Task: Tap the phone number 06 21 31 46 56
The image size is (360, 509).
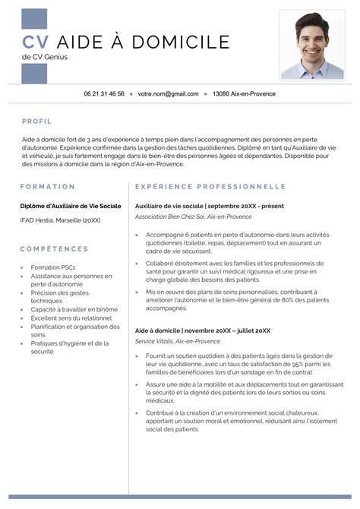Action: (104, 94)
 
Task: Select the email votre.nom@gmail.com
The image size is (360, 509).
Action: (168, 94)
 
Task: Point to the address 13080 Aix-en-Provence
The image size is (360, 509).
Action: (244, 94)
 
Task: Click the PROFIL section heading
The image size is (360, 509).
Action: (37, 121)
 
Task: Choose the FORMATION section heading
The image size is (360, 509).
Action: (48, 186)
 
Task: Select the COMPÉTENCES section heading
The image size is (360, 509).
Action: (54, 248)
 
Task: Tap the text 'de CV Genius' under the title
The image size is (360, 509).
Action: (44, 58)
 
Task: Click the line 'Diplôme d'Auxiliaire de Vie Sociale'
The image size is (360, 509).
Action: (70, 206)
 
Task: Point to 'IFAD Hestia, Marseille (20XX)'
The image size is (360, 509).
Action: (60, 220)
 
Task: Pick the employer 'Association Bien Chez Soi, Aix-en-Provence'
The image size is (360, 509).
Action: (193, 217)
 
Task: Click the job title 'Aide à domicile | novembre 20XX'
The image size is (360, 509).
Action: (203, 330)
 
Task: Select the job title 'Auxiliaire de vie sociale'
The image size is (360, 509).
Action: (169, 206)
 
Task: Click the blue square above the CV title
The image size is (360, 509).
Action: (34, 19)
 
